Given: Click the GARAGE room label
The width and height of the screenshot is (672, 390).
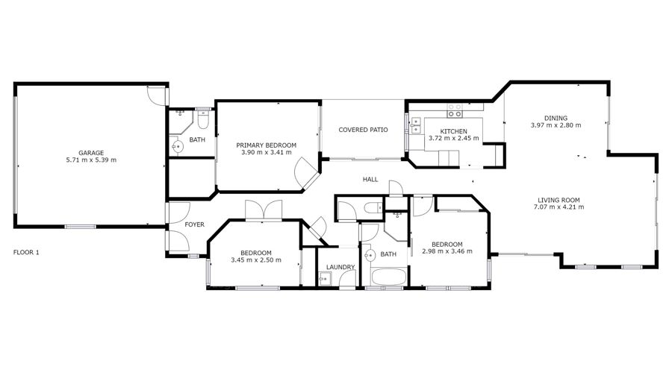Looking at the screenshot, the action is [x=91, y=153].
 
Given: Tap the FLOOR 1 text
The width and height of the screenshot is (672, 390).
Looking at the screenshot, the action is [x=26, y=252].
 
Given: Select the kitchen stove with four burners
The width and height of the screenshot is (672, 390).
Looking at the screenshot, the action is [x=455, y=110].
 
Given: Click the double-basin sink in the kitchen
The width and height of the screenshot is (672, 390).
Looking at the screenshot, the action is [x=415, y=125].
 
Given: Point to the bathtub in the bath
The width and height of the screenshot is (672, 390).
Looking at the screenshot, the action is [x=389, y=277].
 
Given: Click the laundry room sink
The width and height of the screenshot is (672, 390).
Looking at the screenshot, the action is [x=324, y=279].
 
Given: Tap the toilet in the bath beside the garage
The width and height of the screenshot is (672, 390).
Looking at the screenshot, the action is [x=203, y=120].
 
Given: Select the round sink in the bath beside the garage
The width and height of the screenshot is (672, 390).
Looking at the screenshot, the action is [x=177, y=147].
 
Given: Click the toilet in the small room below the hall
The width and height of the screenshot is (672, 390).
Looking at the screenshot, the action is [x=373, y=208].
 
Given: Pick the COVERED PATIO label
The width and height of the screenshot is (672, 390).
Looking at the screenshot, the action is [x=363, y=130].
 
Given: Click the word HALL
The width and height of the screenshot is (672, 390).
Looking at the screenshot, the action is [x=370, y=180].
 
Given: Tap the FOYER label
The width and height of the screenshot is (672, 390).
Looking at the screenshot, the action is [x=194, y=224].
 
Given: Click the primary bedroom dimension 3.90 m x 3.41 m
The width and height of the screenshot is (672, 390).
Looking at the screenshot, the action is [x=266, y=152].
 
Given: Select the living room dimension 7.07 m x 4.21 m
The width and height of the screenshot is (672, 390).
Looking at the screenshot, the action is [x=559, y=207].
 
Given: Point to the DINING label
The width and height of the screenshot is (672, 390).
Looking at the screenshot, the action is [x=556, y=118].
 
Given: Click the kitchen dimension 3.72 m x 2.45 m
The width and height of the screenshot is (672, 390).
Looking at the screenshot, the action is [x=454, y=138].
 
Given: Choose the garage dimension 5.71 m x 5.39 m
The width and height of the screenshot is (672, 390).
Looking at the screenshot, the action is [x=91, y=160].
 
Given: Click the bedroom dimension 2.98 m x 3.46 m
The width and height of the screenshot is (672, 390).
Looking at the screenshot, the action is [x=447, y=251].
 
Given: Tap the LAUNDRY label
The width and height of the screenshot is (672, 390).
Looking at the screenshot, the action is [x=340, y=267].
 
